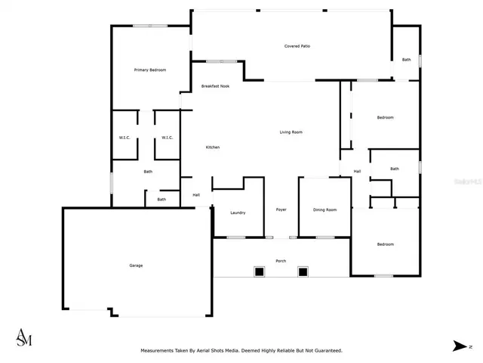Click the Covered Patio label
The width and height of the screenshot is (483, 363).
click(x=297, y=46)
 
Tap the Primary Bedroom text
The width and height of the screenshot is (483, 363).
click(x=149, y=70)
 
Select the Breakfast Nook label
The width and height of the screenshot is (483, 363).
click(x=215, y=86)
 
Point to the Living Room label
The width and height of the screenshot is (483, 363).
click(x=291, y=132)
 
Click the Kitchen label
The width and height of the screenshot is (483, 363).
click(x=213, y=147)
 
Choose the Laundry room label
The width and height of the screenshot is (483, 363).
click(x=238, y=213)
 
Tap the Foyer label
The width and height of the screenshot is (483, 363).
click(x=281, y=209)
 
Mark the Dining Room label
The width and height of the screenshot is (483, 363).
click(x=325, y=209)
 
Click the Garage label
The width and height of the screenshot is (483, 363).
click(x=136, y=265)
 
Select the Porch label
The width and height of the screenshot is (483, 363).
click(x=281, y=261)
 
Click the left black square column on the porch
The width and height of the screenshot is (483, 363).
click(x=259, y=271)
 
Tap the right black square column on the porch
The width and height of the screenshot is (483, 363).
click(x=303, y=271)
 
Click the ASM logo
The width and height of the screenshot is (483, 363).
click(x=24, y=337)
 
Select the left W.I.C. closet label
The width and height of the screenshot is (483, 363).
click(x=125, y=138)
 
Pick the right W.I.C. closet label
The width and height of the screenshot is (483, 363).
click(x=168, y=138)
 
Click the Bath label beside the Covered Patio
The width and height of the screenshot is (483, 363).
click(x=406, y=60)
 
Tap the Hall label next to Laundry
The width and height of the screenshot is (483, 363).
click(x=196, y=195)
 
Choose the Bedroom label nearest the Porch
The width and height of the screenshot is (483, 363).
click(x=385, y=244)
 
